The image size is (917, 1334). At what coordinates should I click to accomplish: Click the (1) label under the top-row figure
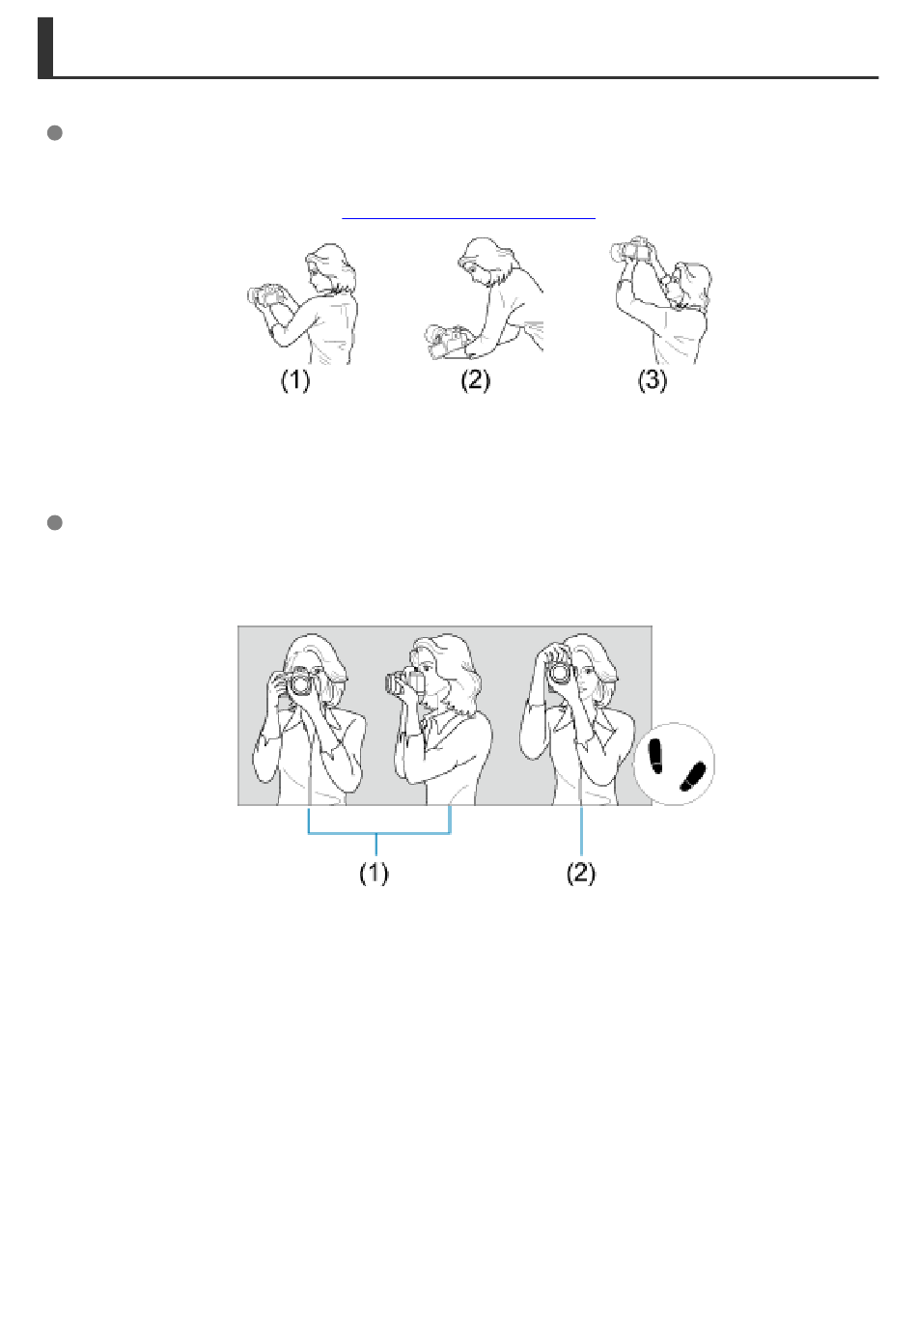(295, 380)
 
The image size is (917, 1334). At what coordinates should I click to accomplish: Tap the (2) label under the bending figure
(475, 380)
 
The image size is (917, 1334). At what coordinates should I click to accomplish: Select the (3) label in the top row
(653, 380)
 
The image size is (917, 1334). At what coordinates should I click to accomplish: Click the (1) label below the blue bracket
(374, 874)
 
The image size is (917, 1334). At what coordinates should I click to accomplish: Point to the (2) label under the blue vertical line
(581, 874)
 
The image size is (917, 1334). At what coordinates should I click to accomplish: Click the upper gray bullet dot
(55, 133)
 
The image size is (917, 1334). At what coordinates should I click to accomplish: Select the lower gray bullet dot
(55, 522)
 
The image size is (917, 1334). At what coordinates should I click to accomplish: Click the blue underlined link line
(468, 218)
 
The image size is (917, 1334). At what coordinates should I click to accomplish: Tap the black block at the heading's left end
(45, 47)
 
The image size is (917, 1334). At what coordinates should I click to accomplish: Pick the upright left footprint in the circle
(655, 757)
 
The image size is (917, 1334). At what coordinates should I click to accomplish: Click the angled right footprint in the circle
(692, 777)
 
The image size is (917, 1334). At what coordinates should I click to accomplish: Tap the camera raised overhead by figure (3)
(630, 250)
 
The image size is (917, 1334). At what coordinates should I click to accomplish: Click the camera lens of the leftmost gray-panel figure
(301, 682)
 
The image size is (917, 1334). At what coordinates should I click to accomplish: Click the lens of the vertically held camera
(559, 673)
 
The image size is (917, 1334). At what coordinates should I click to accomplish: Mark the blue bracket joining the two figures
(379, 833)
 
